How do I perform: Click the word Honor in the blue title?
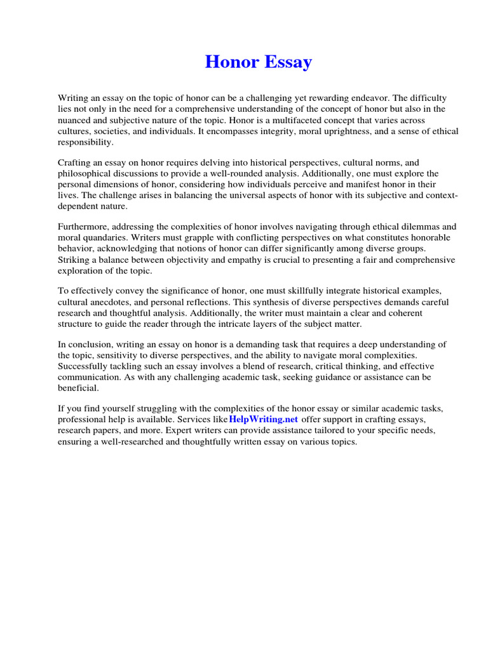coord(231,62)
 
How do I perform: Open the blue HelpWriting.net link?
coord(263,420)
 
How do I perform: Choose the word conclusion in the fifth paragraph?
coord(93,344)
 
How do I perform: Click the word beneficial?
coord(78,387)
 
